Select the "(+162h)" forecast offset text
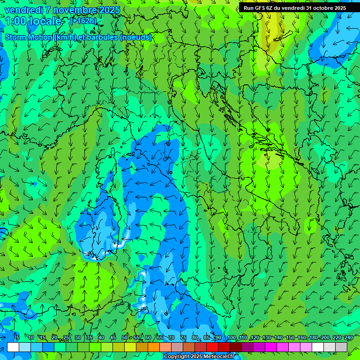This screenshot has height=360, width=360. (83, 21)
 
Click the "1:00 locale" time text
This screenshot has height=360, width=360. (34, 21)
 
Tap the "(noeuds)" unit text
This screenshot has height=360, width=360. (136, 37)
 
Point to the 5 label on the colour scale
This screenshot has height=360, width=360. (18, 337)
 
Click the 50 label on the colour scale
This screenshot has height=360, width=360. (125, 337)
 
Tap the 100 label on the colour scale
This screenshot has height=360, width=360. (232, 337)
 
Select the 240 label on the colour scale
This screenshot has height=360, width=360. (349, 337)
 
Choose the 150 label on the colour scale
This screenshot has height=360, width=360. (290, 337)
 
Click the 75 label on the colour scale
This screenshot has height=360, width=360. (183, 337)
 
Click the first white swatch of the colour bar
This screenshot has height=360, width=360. (13, 347)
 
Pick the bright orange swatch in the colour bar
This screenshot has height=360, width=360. (154, 347)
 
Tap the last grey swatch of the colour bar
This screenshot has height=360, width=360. (341, 347)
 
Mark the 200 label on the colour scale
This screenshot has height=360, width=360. (325, 337)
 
